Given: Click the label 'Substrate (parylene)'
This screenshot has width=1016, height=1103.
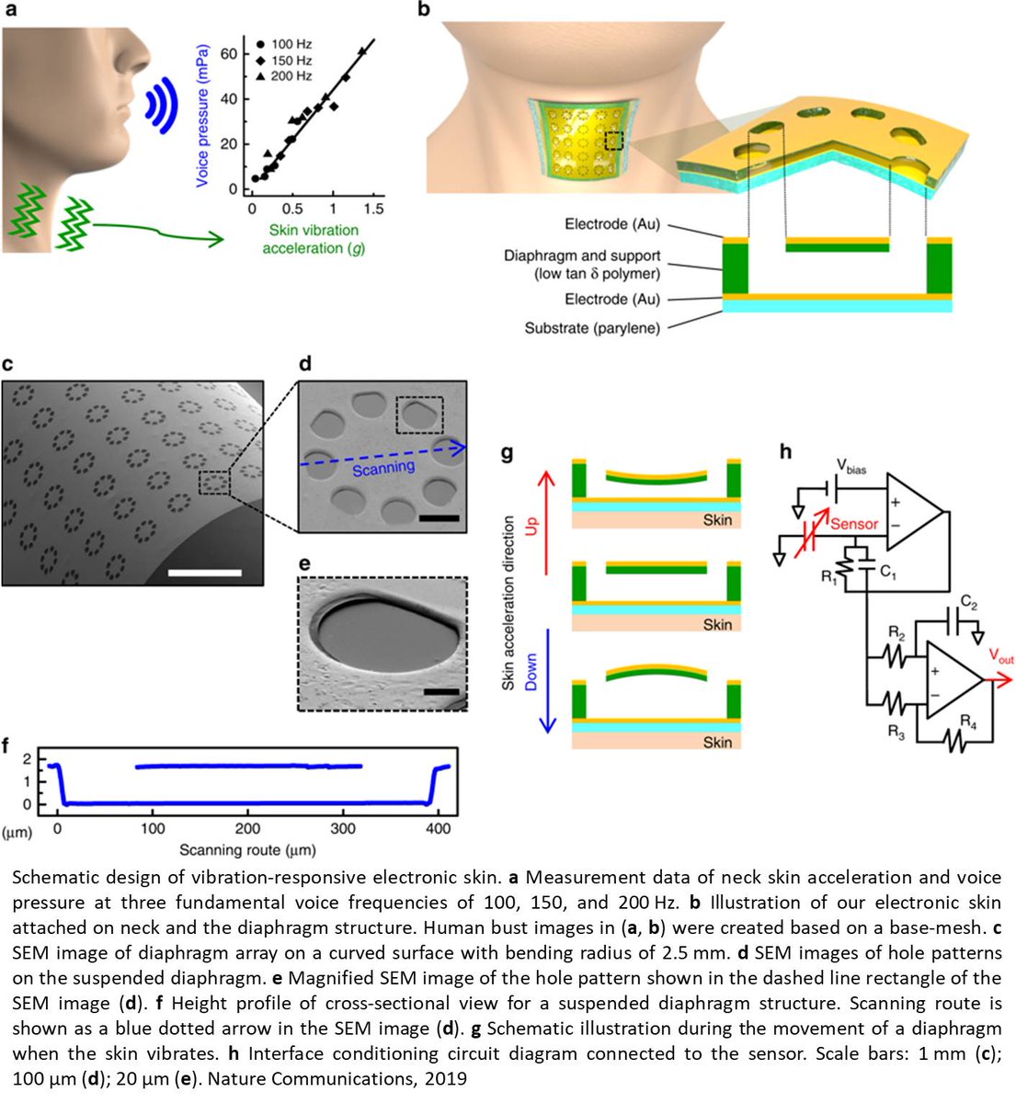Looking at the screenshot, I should point(592,328).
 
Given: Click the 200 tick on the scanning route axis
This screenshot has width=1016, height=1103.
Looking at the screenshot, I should point(247,829).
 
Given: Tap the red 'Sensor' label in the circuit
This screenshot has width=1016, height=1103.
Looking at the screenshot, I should point(854,524).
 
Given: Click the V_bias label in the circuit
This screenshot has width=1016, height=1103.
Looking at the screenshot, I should point(850,468).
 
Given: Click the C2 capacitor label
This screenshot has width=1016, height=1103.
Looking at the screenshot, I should point(967,605).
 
